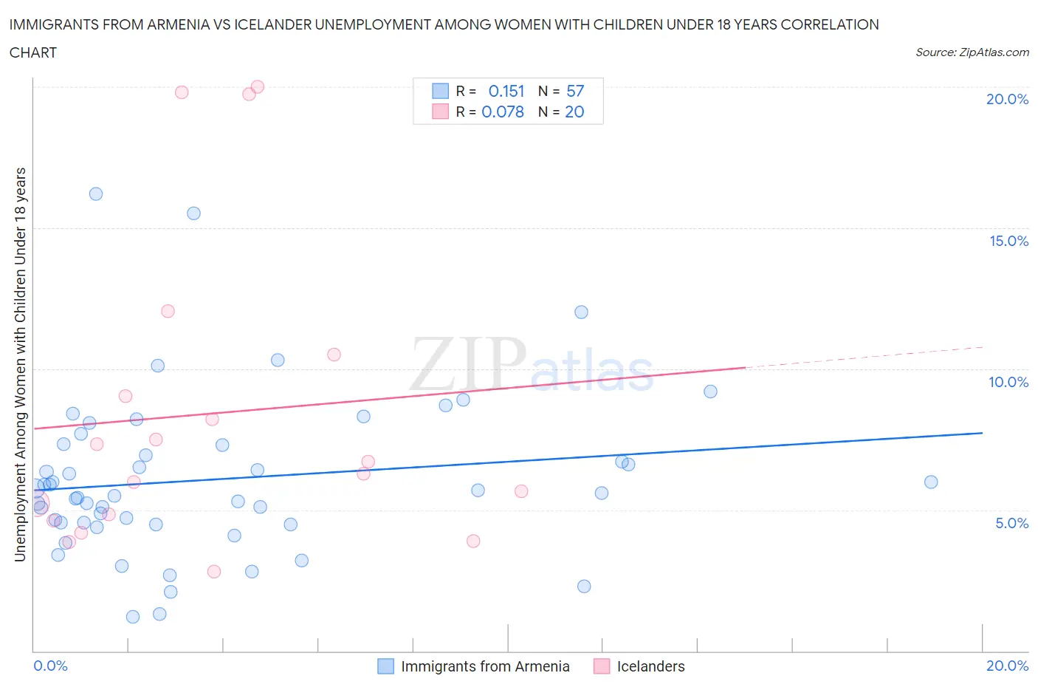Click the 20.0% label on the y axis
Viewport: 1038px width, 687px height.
(1007, 99)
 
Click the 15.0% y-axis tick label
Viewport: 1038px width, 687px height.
(1008, 241)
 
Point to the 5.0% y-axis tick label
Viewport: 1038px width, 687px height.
(1011, 523)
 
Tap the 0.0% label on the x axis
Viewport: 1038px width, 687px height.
(50, 666)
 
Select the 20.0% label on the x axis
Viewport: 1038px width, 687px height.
(1007, 666)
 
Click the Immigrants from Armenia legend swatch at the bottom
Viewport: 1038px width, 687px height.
(385, 666)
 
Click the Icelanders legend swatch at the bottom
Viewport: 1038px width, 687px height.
(602, 666)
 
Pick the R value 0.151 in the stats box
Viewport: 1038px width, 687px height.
(506, 91)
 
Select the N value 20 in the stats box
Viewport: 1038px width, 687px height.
(574, 112)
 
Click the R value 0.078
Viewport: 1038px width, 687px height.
(503, 112)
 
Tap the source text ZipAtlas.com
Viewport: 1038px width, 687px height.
(972, 52)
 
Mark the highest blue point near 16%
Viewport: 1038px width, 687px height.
(96, 194)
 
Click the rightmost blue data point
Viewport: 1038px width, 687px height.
(931, 482)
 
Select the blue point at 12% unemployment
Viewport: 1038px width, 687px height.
(581, 312)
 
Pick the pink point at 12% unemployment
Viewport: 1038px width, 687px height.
(168, 311)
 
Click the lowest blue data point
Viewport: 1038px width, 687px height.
(133, 617)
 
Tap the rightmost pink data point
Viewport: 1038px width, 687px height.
(521, 491)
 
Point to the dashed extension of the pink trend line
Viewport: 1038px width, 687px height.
(864, 357)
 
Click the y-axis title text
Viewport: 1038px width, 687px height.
(20, 364)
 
